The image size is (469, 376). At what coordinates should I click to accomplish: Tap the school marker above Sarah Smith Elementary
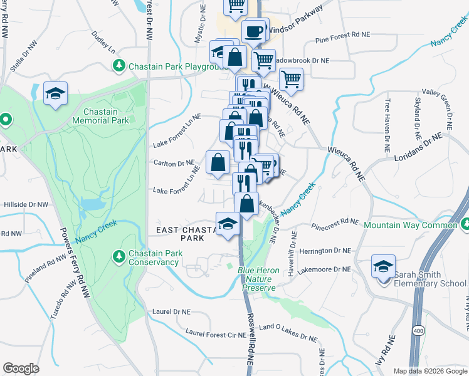coord(383,267)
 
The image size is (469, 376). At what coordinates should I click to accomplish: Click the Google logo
coord(21,368)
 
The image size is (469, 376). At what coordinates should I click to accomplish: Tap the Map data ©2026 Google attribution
coord(429,371)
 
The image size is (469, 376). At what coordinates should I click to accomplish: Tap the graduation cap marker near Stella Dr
coord(55,95)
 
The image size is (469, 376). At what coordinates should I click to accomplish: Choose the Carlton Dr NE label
coord(174,163)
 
